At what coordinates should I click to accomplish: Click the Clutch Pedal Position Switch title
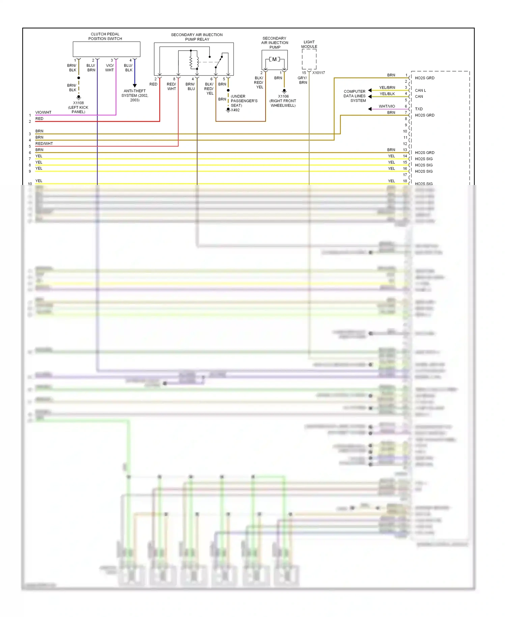[x=105, y=36]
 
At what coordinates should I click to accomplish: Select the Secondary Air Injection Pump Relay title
[x=197, y=37]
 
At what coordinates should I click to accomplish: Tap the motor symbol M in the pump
[x=274, y=59]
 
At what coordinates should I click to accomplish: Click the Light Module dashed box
[x=309, y=59]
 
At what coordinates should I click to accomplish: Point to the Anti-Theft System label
[x=135, y=96]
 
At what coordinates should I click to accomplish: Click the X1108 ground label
[x=78, y=103]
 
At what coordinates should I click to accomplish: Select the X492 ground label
[x=235, y=110]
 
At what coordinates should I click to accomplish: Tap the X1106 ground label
[x=283, y=96]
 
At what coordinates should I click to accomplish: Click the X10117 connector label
[x=318, y=73]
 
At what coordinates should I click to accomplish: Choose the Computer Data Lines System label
[x=355, y=96]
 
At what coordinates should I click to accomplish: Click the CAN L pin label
[x=420, y=90]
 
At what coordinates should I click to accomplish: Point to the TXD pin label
[x=419, y=109]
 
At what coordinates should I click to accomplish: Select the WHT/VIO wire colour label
[x=387, y=106]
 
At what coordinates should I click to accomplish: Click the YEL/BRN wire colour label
[x=387, y=87]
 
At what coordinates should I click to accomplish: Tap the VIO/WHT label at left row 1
[x=44, y=112]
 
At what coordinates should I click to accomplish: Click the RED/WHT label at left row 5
[x=44, y=143]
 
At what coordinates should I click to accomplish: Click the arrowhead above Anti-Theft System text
[x=135, y=86]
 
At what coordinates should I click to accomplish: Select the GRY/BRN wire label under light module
[x=303, y=80]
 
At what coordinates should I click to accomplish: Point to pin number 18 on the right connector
[x=405, y=181]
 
